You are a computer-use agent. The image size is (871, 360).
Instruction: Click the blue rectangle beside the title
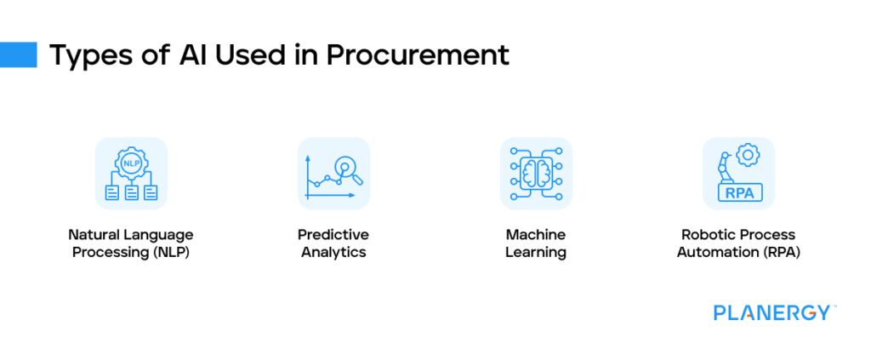point(18,54)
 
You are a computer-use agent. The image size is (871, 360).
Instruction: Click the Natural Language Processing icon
point(131,174)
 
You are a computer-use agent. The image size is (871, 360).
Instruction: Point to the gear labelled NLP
point(131,162)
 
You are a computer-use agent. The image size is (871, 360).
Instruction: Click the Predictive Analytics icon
point(333,174)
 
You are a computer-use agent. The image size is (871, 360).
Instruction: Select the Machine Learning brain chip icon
point(536,174)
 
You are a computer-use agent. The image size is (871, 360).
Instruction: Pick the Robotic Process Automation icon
point(738,174)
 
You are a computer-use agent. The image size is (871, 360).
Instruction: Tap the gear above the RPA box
point(748,155)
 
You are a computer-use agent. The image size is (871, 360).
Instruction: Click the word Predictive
point(333,235)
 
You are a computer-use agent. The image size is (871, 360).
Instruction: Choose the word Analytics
point(333,253)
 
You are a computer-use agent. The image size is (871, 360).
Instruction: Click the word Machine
point(536,235)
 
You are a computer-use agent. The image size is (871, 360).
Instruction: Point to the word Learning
point(536,253)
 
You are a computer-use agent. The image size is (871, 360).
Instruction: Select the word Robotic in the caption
point(706,235)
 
